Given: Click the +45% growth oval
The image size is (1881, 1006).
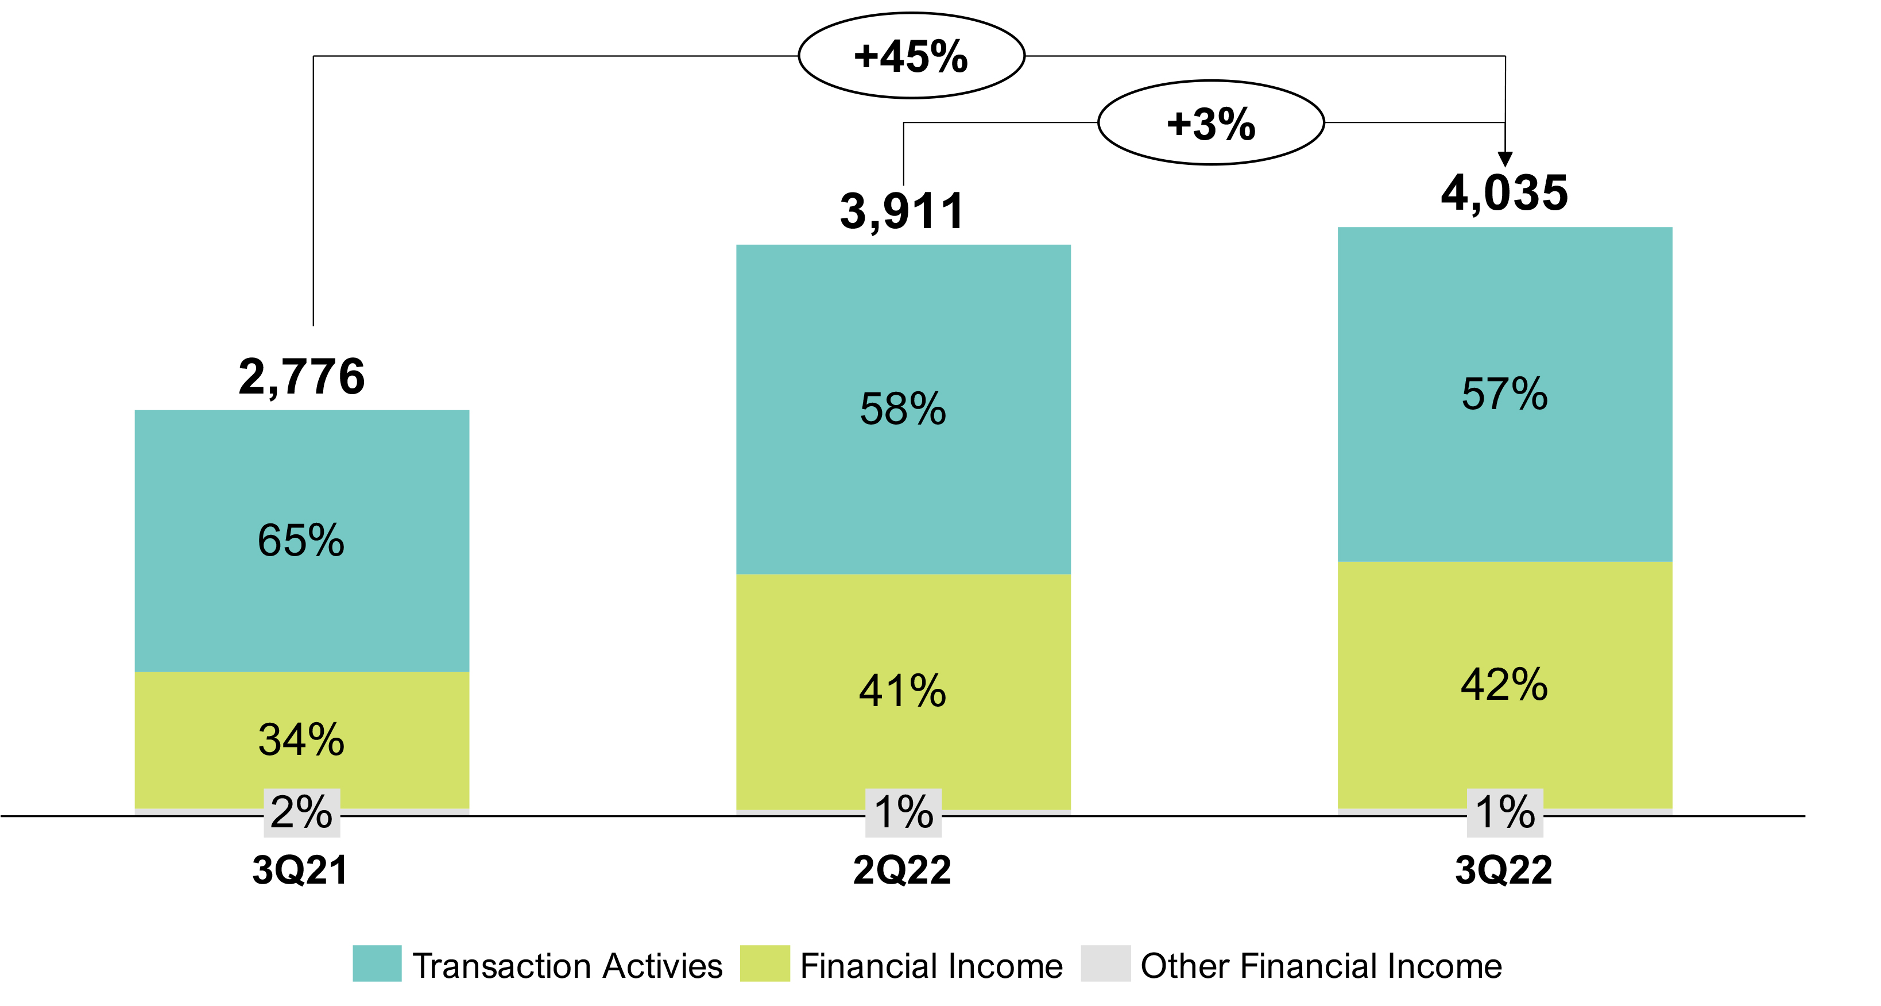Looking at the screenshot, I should tap(911, 56).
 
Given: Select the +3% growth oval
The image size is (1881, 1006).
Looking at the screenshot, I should tap(1211, 123).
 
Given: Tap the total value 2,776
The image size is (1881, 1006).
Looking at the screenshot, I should tap(301, 377).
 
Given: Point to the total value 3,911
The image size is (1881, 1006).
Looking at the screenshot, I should tap(903, 211).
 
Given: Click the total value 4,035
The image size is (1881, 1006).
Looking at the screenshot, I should tap(1504, 193).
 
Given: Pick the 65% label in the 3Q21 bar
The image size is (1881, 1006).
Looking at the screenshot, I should tap(301, 541).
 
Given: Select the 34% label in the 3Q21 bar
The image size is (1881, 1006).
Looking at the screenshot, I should tap(301, 739).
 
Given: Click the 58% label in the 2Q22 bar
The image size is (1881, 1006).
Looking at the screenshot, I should tap(903, 408).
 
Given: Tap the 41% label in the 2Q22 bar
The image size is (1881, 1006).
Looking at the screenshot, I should tap(903, 691).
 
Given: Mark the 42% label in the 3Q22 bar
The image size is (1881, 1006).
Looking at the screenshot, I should tap(1504, 684).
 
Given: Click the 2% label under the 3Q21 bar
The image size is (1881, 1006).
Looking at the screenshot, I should tap(301, 812).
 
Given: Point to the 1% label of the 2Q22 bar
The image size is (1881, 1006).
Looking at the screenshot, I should tap(903, 812).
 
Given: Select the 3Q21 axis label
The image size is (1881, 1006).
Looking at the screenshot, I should tap(300, 870).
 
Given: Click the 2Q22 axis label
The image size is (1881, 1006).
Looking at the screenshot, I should tap(903, 870).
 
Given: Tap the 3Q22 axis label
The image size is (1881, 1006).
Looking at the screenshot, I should tap(1504, 870).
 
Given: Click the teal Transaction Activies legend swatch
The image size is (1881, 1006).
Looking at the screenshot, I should tap(377, 963).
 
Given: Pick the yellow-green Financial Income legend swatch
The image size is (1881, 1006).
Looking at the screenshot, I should tap(765, 963).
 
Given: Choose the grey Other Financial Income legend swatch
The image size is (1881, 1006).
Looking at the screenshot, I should tap(1105, 963).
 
